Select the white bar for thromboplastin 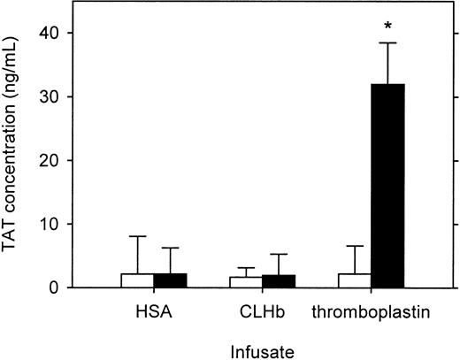[x=354, y=280]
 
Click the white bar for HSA [x=137, y=280]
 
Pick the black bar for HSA [x=170, y=280]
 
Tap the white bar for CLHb [x=245, y=282]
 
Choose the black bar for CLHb [x=278, y=281]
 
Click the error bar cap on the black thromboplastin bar [x=387, y=42]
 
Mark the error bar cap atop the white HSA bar [x=137, y=236]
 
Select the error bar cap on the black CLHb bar [x=278, y=254]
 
